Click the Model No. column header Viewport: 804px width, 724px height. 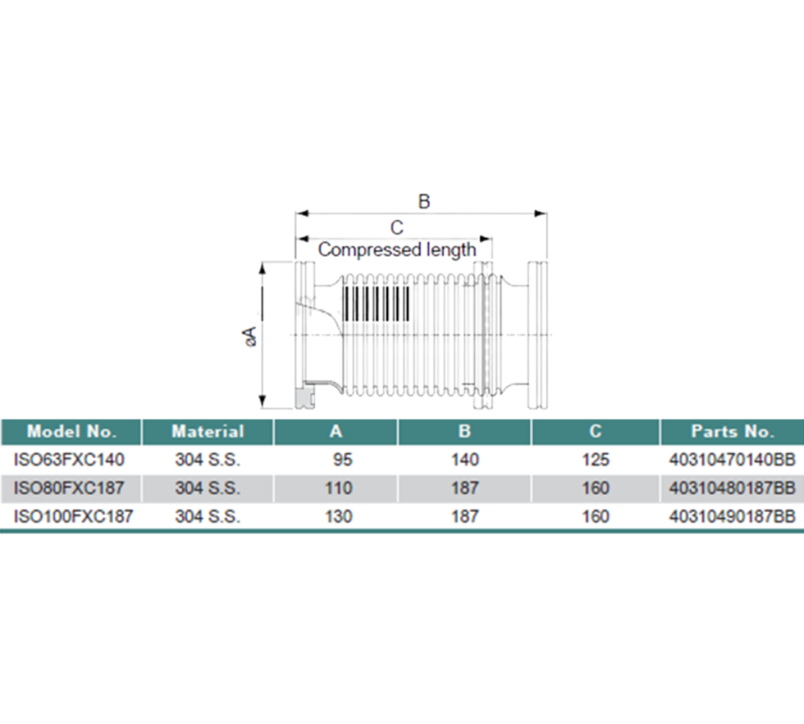pyautogui.click(x=71, y=431)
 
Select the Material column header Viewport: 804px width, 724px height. pyautogui.click(x=208, y=431)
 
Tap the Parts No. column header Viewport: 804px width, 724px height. pyautogui.click(x=732, y=431)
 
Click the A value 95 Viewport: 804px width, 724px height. pyautogui.click(x=339, y=459)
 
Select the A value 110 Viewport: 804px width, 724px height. pyautogui.click(x=338, y=488)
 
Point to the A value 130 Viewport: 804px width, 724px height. pyautogui.click(x=338, y=517)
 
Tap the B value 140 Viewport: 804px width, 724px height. pyautogui.click(x=465, y=459)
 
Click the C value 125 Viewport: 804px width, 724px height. pyautogui.click(x=596, y=459)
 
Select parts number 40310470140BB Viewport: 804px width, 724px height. pyautogui.click(x=733, y=459)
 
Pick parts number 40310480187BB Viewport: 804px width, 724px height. pyautogui.click(x=733, y=488)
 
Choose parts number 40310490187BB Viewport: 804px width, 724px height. pyautogui.click(x=733, y=517)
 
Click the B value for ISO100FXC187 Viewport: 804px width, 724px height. pyautogui.click(x=465, y=517)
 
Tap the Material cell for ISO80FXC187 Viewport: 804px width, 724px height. pyautogui.click(x=208, y=488)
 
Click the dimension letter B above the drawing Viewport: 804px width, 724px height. pyautogui.click(x=424, y=202)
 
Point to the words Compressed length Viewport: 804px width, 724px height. pyautogui.click(x=397, y=250)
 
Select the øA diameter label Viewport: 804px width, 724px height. pyautogui.click(x=250, y=336)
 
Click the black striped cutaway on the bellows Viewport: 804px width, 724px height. pyautogui.click(x=377, y=303)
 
